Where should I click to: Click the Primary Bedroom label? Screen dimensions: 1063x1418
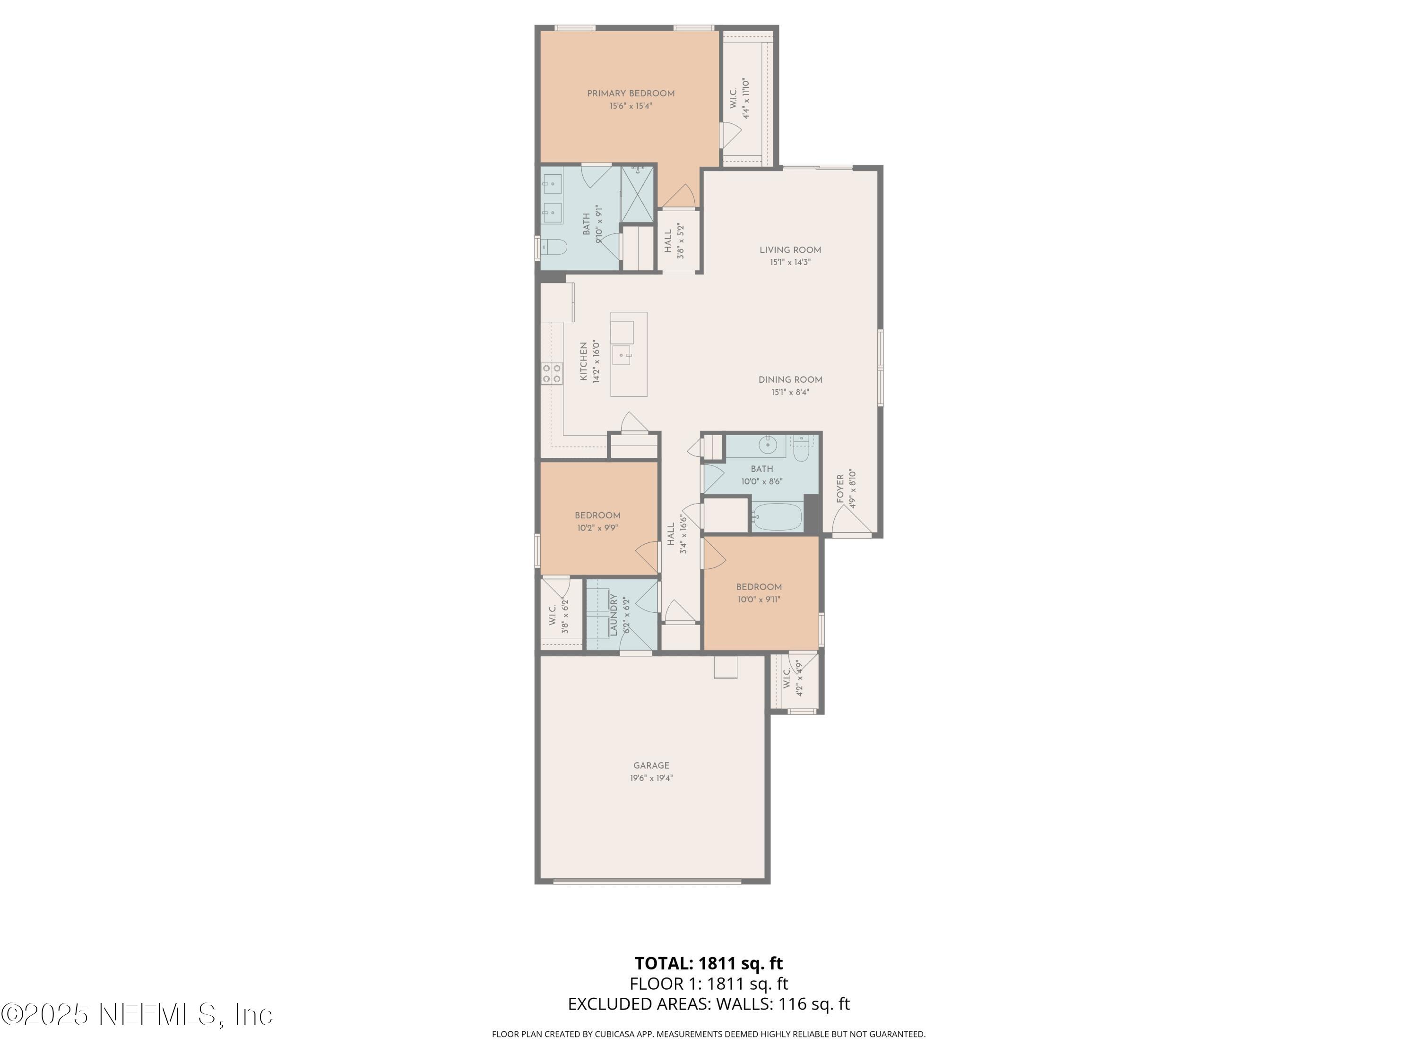pos(631,94)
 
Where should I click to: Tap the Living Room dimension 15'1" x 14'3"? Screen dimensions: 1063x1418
pos(790,263)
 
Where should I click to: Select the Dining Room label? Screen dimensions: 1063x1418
pos(790,379)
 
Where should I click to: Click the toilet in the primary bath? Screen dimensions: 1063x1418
pos(554,247)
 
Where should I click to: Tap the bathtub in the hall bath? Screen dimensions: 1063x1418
pos(776,516)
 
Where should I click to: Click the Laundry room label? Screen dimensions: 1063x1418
pos(614,615)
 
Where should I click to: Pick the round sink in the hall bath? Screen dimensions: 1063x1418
pos(767,444)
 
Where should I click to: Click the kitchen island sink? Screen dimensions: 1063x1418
pos(621,354)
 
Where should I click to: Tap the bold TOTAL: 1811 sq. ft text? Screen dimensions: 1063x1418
pos(709,963)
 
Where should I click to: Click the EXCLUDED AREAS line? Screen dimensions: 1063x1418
pos(709,1004)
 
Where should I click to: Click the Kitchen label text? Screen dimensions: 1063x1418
pos(583,361)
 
